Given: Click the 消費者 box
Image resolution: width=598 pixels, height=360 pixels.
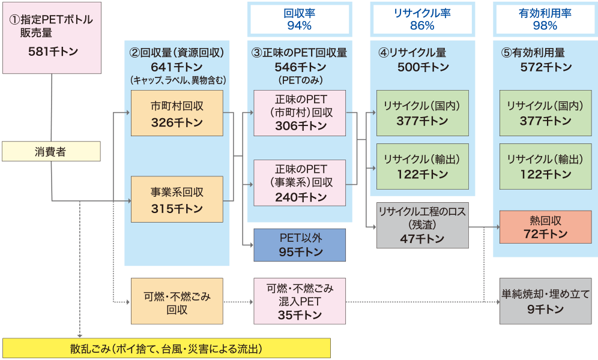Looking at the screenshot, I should tap(50, 152).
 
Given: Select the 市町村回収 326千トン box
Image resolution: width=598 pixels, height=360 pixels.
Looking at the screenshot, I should tap(177, 113).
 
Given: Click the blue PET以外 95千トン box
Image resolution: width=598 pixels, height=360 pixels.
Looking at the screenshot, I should tap(300, 244).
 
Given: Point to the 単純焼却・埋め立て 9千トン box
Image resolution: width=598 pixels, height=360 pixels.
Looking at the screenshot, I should tap(545, 302).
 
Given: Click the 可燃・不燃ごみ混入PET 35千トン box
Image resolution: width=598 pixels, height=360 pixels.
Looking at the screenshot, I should tap(300, 301).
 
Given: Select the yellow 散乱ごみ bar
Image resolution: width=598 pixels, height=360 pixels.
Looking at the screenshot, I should tap(166, 349).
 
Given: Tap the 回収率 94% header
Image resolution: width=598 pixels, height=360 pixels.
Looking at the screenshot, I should tap(298, 19).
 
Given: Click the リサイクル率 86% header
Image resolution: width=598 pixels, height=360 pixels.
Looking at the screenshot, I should tap(421, 19).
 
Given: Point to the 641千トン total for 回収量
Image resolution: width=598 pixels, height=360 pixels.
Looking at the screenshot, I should tap(177, 66).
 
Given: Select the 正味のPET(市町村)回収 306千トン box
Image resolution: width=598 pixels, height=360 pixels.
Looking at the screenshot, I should tap(300, 112).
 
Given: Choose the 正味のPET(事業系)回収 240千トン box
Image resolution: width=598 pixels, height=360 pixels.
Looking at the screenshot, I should tap(300, 182).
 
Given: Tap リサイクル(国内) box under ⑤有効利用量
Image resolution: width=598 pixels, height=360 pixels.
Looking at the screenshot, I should tap(545, 113).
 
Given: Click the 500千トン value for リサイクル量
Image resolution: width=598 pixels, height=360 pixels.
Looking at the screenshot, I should tap(422, 67).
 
